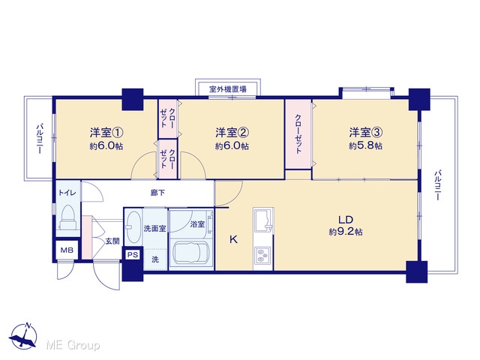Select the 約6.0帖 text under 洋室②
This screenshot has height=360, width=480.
[x=232, y=146]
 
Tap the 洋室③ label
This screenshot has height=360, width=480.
[x=366, y=133]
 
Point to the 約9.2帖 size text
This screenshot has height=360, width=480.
[x=346, y=232]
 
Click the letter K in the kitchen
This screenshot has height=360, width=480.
[x=233, y=239]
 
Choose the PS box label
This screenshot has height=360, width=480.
[x=133, y=254]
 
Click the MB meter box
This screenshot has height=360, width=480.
[x=67, y=250]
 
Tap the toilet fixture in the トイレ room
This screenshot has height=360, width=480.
[x=68, y=217]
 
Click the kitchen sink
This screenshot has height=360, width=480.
[x=263, y=220]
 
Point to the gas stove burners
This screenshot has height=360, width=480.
[x=261, y=256]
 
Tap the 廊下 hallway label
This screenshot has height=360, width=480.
[x=157, y=193]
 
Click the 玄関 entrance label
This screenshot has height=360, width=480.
[x=112, y=241]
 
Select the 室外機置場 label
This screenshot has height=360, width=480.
[x=228, y=89]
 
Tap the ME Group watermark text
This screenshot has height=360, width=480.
[x=73, y=345]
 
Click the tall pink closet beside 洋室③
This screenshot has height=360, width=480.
[x=298, y=134]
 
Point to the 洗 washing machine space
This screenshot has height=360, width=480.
[x=155, y=259]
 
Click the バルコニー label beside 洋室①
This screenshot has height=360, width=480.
[x=40, y=138]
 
